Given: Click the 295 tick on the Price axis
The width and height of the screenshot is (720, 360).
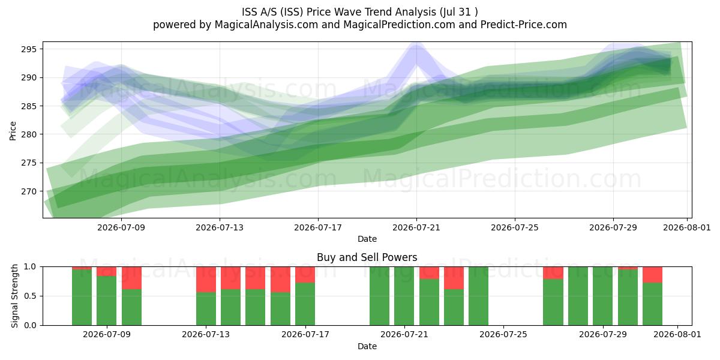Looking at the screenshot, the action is point(29,49).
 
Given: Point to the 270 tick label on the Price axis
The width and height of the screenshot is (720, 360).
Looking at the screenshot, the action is point(29,191).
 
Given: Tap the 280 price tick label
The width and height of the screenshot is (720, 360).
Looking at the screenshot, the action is point(29,134).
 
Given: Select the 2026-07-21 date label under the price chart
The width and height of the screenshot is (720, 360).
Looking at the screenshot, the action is point(416,227).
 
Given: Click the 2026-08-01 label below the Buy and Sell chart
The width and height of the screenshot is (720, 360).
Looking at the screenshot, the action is point(677,334).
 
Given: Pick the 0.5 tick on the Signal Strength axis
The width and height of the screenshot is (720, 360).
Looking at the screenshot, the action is point(31,296).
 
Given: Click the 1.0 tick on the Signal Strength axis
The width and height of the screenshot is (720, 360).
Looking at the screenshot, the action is point(31,267).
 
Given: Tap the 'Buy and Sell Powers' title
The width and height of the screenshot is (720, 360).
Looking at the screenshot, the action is point(367,257).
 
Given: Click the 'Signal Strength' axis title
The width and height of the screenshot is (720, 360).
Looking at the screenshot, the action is point(14,296).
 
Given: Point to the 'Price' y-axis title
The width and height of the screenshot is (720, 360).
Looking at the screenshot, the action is point(13,131).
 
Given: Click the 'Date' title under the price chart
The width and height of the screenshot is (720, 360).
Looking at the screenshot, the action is point(367,239).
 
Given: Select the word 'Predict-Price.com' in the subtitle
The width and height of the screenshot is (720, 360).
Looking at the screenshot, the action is point(524,25).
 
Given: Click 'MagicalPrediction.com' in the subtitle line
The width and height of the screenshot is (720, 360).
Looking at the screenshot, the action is point(399,25).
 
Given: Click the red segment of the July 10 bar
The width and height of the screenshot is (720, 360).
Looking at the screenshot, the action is point(131,278).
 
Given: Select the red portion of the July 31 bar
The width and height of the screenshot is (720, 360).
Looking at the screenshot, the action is point(653,275).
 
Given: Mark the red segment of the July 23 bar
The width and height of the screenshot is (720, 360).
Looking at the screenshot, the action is point(454,278).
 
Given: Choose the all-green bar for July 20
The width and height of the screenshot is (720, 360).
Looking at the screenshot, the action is point(379,296).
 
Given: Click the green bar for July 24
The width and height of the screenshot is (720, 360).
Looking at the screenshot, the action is point(478,296).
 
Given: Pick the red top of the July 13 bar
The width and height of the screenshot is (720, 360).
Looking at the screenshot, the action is point(206,280).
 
